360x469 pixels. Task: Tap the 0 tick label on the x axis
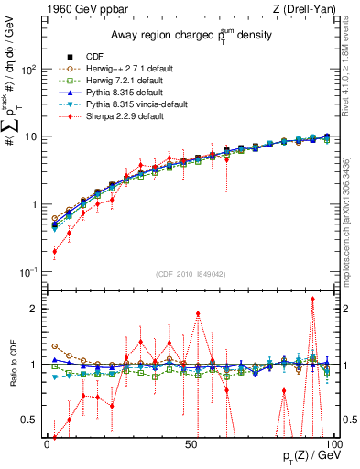[x=47, y=442]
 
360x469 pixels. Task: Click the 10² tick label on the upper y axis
[x=28, y=70]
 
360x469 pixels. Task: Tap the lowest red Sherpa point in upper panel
[x=54, y=251]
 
